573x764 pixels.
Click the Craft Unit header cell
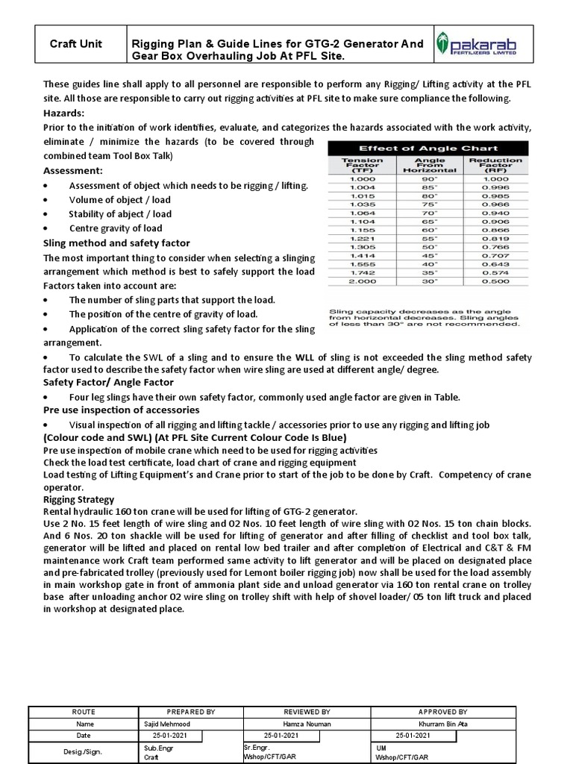coord(81,44)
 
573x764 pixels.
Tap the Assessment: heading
coord(72,170)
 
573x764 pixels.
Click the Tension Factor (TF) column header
coord(362,166)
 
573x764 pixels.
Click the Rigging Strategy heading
coord(79,499)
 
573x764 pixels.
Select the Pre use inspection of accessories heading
coord(121,410)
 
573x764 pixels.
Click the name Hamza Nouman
coord(307,723)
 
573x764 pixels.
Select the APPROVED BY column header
coord(442,711)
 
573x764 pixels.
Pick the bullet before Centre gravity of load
coord(47,228)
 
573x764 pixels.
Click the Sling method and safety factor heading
coord(116,243)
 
